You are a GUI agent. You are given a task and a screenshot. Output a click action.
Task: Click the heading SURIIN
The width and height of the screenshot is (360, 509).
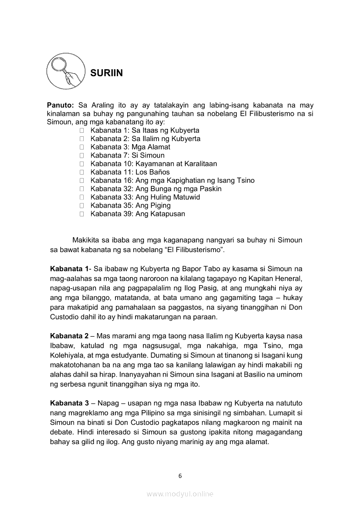click(106, 73)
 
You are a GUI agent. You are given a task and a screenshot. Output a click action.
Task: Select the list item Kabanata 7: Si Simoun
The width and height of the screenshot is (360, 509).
click(127, 155)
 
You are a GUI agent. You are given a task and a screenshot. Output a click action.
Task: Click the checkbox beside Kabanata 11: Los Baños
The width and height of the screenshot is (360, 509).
click(82, 172)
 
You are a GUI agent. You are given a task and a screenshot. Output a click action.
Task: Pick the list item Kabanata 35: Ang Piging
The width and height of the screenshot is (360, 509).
click(130, 206)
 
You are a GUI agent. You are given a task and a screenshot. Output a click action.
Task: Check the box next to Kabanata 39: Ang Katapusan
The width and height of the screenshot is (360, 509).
click(82, 214)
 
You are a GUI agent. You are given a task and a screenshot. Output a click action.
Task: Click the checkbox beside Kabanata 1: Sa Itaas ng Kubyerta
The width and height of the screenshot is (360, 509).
click(82, 131)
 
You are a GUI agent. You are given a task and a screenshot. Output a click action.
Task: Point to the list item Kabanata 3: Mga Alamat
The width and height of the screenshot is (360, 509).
click(130, 147)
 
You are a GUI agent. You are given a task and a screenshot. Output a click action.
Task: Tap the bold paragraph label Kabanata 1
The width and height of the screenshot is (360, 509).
click(69, 269)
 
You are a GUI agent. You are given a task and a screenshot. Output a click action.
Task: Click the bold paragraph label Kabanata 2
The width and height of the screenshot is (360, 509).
click(69, 336)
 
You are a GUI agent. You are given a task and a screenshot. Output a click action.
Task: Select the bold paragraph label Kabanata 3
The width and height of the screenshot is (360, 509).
click(69, 404)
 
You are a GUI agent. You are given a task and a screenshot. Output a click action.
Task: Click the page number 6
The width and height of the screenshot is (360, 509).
click(180, 476)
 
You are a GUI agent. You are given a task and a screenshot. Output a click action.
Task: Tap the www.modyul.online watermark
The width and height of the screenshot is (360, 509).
click(180, 494)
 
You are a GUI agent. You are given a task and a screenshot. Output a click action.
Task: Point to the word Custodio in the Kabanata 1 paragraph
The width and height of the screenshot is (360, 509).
click(65, 317)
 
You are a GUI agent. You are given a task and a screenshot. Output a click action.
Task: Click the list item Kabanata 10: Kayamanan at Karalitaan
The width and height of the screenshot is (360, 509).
click(153, 164)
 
